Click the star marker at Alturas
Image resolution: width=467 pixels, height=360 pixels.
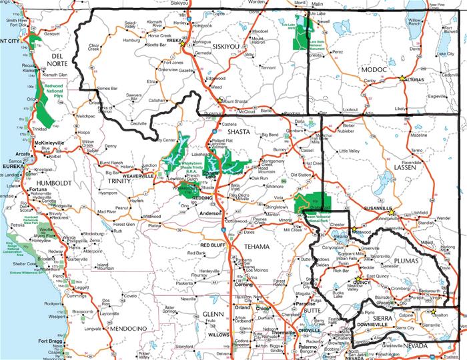402,79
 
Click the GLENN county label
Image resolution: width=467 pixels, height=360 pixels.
213,313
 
